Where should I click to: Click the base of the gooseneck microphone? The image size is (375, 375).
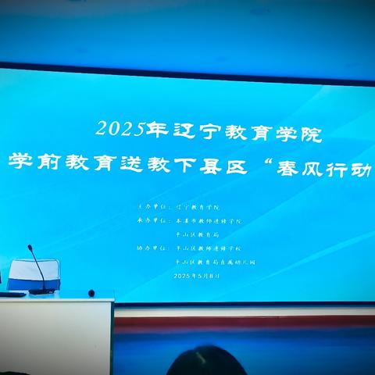click(x=45, y=291)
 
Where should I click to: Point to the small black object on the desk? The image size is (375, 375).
click(x=91, y=293)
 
